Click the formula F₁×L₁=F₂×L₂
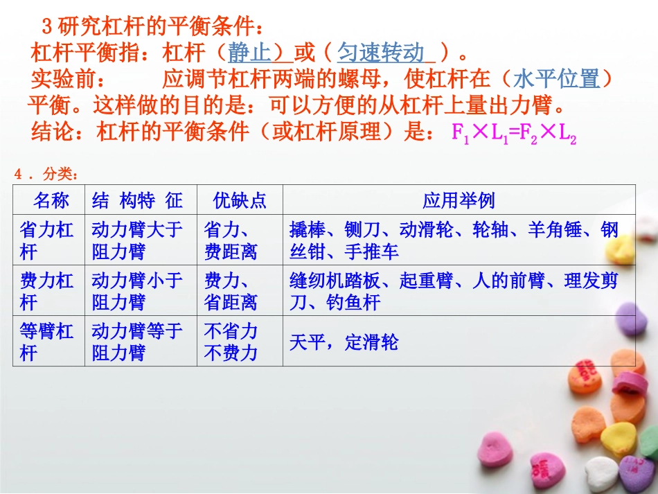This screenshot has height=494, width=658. point(514,134)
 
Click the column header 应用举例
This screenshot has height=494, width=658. point(459,201)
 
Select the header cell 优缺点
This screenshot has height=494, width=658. point(240,201)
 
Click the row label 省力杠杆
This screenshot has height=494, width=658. point(48,240)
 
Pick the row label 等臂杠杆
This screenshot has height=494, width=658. point(48,342)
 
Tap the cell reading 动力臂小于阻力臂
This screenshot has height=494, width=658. point(137,291)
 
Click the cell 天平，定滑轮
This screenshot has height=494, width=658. point(344,342)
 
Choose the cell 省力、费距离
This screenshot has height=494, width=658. point(231,240)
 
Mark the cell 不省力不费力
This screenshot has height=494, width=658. point(231,342)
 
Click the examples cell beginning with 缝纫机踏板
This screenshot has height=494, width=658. point(453,291)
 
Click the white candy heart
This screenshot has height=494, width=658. point(601,473)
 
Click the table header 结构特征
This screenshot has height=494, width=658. point(137,201)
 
